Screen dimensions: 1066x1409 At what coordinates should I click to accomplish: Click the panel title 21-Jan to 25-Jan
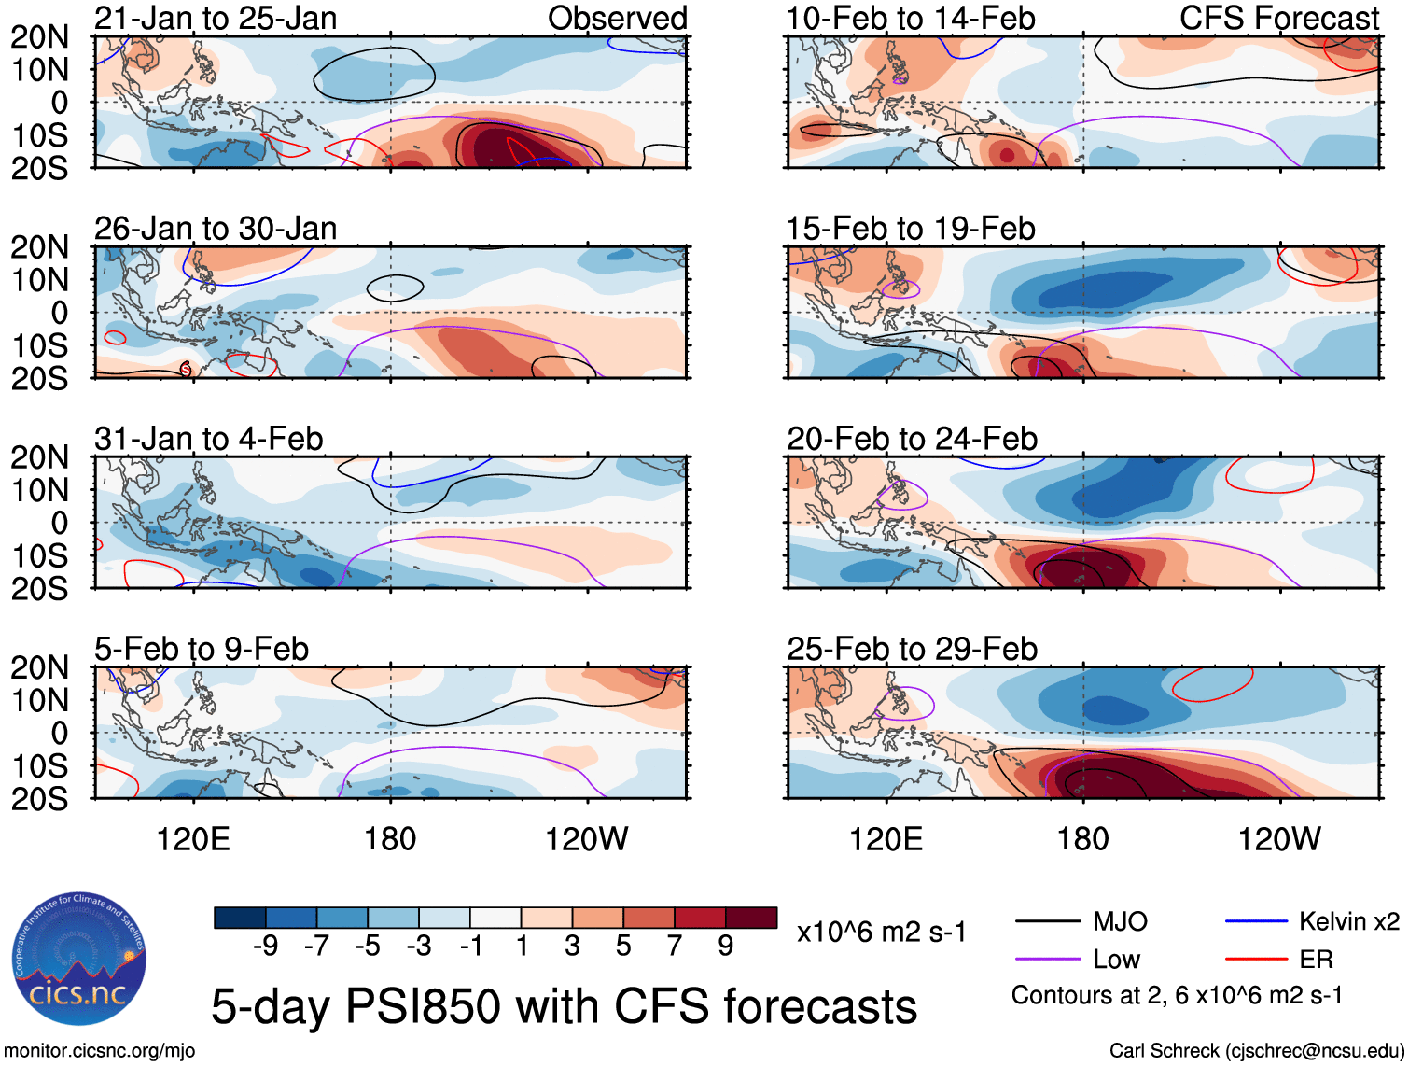pyautogui.click(x=216, y=19)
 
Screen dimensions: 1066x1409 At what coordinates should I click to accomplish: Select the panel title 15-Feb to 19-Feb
pyautogui.click(x=911, y=229)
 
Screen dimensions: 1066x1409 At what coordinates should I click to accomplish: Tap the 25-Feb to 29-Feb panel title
pyautogui.click(x=912, y=649)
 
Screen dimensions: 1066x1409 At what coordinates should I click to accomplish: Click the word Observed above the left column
pyautogui.click(x=617, y=19)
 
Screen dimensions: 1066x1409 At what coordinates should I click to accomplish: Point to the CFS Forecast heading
pyautogui.click(x=1278, y=19)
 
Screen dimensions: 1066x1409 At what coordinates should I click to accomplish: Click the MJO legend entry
pyautogui.click(x=1119, y=922)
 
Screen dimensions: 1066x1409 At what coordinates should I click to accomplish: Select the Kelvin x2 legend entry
pyautogui.click(x=1348, y=922)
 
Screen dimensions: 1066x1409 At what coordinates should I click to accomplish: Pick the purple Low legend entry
pyautogui.click(x=1116, y=960)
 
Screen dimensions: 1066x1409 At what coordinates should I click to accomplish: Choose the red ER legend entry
pyautogui.click(x=1316, y=960)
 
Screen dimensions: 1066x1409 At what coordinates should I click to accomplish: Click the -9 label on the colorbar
pyautogui.click(x=266, y=947)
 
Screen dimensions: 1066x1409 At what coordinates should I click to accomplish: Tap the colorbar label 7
pyautogui.click(x=675, y=947)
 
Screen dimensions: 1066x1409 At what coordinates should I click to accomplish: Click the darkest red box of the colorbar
pyautogui.click(x=751, y=918)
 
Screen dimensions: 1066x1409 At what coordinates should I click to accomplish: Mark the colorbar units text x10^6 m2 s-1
pyautogui.click(x=882, y=932)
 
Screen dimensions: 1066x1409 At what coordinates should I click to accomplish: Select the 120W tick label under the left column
pyautogui.click(x=586, y=839)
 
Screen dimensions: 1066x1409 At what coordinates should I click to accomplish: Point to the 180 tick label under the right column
pyautogui.click(x=1082, y=839)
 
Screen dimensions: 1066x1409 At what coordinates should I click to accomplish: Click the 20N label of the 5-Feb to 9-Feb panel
pyautogui.click(x=39, y=667)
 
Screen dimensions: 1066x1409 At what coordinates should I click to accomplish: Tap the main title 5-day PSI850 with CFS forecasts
pyautogui.click(x=564, y=1006)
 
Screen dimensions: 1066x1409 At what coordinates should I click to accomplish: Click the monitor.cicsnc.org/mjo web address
pyautogui.click(x=100, y=1051)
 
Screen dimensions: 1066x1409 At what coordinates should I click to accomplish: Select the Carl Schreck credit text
pyautogui.click(x=1256, y=1051)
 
